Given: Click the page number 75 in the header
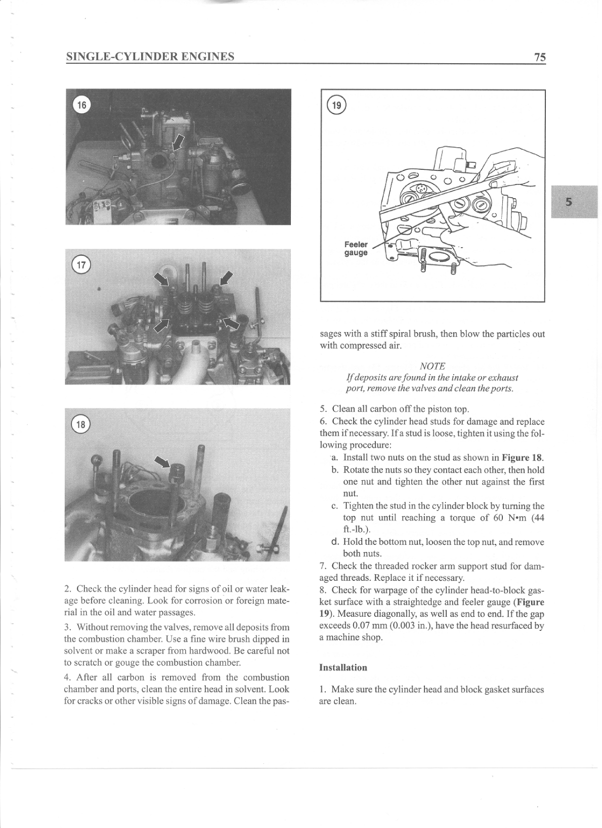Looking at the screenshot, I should point(540,57).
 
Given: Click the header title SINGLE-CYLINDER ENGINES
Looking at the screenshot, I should point(150,56).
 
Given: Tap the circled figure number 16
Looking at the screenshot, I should point(81,105).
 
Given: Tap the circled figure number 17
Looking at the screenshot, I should point(81,264).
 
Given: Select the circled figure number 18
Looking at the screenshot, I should point(81,424).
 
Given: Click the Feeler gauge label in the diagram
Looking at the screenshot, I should point(356,248).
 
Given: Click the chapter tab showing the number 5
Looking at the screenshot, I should point(569,202).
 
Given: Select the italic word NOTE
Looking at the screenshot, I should point(432,365).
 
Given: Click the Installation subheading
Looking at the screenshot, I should point(343,667).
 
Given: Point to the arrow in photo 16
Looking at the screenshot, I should point(178,142).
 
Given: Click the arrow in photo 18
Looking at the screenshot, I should point(162,461).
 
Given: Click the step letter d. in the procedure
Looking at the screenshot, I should point(334,542).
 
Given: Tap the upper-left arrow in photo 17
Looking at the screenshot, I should point(162,278).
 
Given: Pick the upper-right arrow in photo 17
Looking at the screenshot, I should point(226,277).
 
